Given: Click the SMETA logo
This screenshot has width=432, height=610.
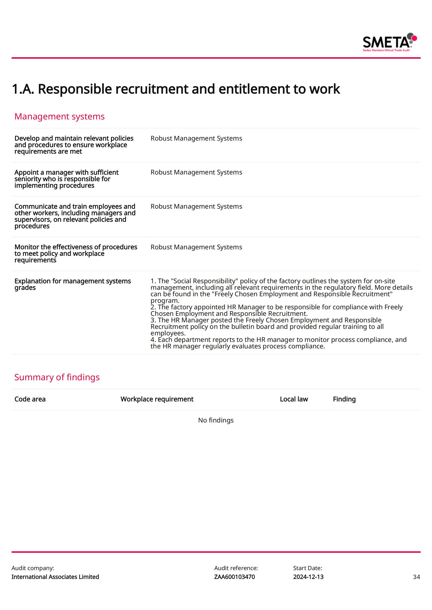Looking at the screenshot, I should pyautogui.click(x=389, y=42).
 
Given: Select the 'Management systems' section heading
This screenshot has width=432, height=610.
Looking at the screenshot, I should pyautogui.click(x=59, y=116).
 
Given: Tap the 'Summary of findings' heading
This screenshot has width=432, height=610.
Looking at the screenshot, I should pyautogui.click(x=57, y=377).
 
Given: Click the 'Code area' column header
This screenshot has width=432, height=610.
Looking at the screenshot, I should pyautogui.click(x=30, y=399).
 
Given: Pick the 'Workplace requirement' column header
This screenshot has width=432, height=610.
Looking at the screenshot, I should pyautogui.click(x=157, y=399).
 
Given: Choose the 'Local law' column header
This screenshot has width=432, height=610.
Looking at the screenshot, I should pyautogui.click(x=293, y=399).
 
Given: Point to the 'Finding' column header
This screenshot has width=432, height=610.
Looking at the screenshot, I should pyautogui.click(x=344, y=399).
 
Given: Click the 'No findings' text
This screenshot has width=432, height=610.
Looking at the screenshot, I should pyautogui.click(x=216, y=420).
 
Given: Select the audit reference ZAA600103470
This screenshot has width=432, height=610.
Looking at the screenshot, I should pyautogui.click(x=234, y=577).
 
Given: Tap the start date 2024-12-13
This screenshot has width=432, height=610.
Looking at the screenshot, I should pyautogui.click(x=308, y=577).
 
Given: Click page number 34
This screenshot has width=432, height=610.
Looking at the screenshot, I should pyautogui.click(x=416, y=577).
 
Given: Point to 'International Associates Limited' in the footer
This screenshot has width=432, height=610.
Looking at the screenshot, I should pyautogui.click(x=55, y=577).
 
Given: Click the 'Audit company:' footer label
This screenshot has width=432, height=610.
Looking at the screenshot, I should pyautogui.click(x=33, y=568).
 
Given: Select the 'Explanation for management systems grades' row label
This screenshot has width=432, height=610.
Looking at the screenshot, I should pyautogui.click(x=72, y=284).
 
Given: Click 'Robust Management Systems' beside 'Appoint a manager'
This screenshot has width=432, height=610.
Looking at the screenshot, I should pyautogui.click(x=196, y=172).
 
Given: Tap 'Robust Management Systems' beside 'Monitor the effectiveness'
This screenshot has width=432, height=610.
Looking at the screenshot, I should pyautogui.click(x=196, y=247).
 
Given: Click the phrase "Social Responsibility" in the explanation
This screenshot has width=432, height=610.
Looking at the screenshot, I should pyautogui.click(x=204, y=281).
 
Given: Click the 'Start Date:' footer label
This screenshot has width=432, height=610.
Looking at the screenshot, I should pyautogui.click(x=307, y=568).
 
